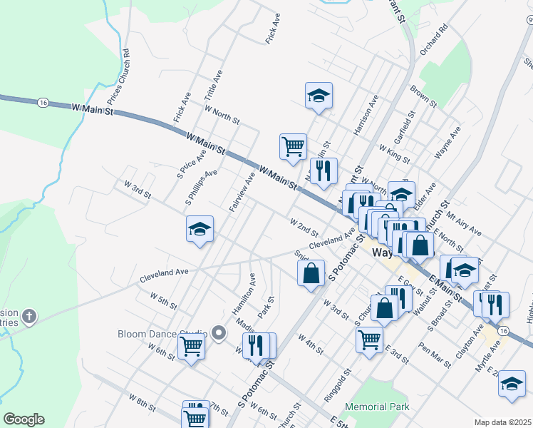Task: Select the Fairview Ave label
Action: pos(242,191)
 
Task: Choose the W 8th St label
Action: pos(142,402)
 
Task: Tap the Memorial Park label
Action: pos(377,407)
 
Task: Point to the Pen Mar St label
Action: pos(435,355)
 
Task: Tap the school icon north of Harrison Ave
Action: pos(319,95)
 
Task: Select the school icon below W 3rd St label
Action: pos(200,229)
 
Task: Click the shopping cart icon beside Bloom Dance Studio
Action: pos(191,347)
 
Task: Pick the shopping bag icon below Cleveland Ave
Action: pos(311,273)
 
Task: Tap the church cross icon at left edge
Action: pos(29,315)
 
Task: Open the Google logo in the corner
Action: pos(24,419)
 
